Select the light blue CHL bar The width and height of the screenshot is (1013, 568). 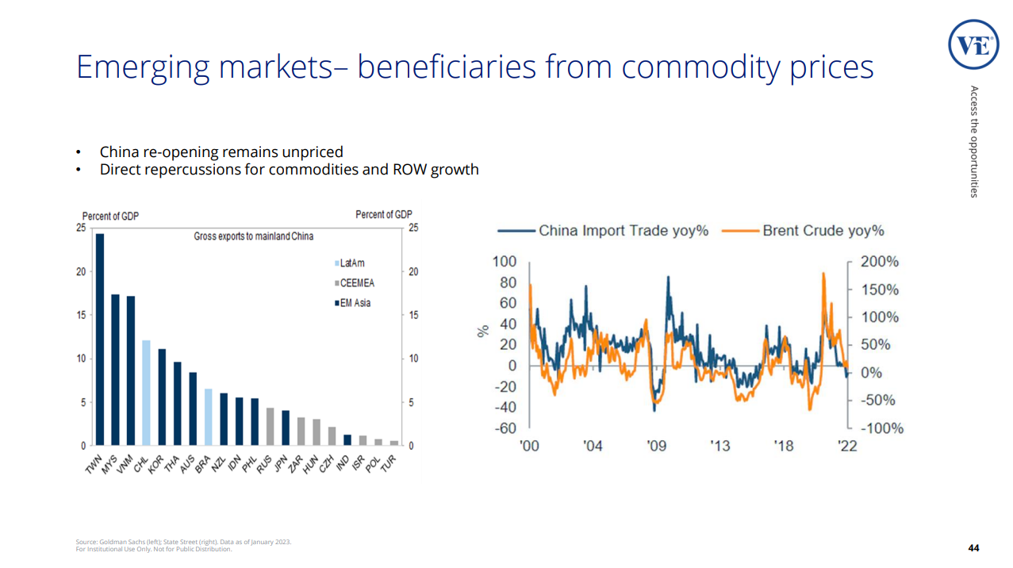click(146, 393)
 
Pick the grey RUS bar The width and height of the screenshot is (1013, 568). click(270, 426)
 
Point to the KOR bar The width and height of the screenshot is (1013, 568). click(162, 397)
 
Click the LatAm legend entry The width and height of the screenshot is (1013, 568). click(351, 263)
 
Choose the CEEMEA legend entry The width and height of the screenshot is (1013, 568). click(355, 283)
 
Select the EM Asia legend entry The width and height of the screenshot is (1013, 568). click(354, 303)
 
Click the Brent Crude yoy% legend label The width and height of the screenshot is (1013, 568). click(823, 231)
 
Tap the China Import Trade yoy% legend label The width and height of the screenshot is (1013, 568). click(623, 231)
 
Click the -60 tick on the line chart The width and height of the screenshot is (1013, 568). click(505, 428)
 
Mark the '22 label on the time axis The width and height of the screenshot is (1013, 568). click(847, 446)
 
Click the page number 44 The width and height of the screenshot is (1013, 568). click(973, 548)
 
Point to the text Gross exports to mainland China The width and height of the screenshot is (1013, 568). click(253, 236)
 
